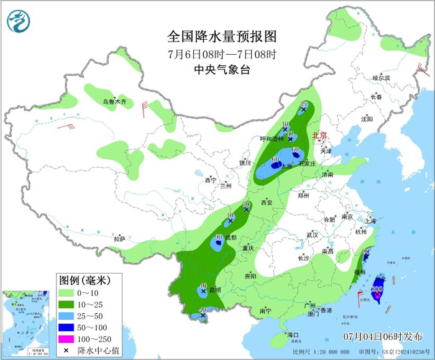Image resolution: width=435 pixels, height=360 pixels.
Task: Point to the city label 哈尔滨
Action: pyautogui.click(x=380, y=78)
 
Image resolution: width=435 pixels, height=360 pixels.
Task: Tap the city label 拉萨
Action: pyautogui.click(x=120, y=239)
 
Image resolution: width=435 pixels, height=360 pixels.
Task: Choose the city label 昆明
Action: pyautogui.click(x=214, y=290)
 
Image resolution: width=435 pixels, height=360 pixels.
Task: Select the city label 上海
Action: pyautogui.click(x=370, y=220)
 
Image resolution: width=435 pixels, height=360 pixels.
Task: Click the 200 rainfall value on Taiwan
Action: pyautogui.click(x=377, y=288)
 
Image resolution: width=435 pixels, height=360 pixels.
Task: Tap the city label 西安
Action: pyautogui.click(x=267, y=203)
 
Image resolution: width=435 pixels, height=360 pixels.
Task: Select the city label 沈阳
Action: pyautogui.click(x=367, y=119)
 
